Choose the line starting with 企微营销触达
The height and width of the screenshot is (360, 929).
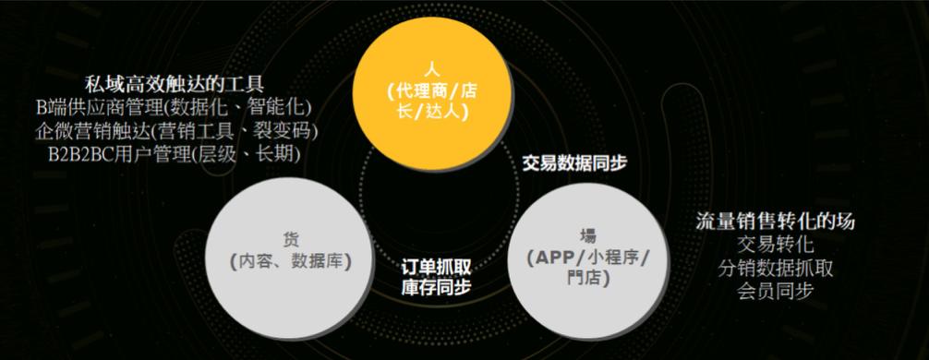point(175,130)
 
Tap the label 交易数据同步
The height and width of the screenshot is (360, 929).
point(574,162)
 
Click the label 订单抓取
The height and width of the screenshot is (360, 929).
point(436,267)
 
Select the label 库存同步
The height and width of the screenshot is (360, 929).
point(436,287)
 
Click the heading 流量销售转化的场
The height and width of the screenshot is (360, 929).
point(776,222)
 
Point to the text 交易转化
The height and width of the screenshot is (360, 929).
point(776,245)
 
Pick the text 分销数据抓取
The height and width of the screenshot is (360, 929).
point(776,269)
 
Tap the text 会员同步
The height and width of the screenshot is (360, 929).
point(776,292)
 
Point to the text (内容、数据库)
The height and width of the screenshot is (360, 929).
point(291,261)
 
